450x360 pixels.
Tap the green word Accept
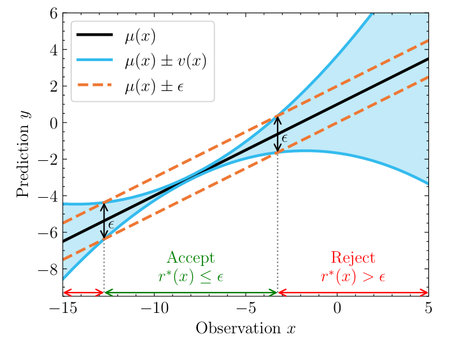click(190, 258)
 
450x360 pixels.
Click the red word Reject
click(353, 258)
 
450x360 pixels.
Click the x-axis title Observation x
click(246, 328)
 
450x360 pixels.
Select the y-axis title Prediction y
click(23, 153)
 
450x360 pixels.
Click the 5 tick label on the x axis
click(428, 308)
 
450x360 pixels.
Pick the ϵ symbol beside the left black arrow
click(111, 224)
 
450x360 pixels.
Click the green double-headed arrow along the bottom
click(191, 293)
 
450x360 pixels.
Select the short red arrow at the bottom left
click(83, 293)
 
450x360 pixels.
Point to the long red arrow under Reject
click(353, 293)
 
